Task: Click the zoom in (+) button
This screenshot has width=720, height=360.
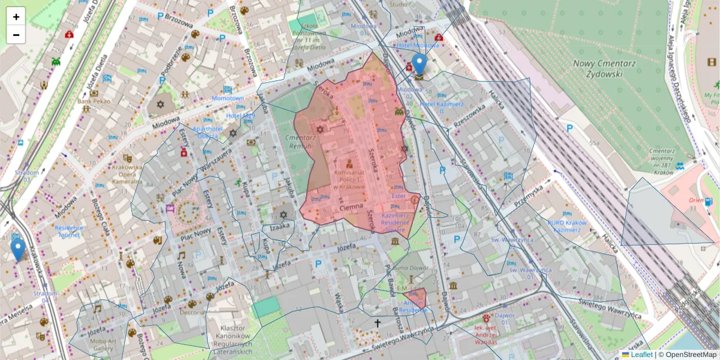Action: (x=16, y=17)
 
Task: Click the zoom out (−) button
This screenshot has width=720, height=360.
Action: (x=16, y=35)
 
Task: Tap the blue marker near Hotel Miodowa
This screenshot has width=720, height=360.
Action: (x=420, y=65)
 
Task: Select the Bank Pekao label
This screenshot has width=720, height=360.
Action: (x=91, y=101)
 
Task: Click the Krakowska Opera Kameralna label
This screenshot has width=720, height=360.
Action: (x=127, y=174)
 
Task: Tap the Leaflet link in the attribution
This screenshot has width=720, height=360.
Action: (x=641, y=355)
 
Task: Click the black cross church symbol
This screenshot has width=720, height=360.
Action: (x=377, y=323)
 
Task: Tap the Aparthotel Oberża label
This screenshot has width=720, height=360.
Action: (x=208, y=132)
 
